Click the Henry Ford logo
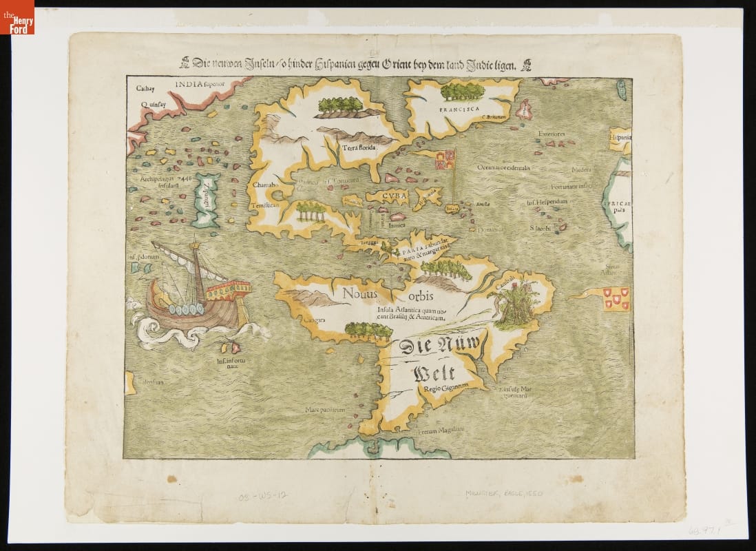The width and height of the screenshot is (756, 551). (17, 17)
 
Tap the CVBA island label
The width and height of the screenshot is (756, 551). (382, 196)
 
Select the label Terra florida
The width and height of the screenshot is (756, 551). (356, 147)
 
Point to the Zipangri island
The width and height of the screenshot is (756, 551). (206, 200)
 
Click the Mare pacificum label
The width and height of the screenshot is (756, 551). (324, 410)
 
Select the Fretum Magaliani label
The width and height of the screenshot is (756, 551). (441, 432)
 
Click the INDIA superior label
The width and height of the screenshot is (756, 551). (197, 85)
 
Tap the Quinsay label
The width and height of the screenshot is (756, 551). (154, 105)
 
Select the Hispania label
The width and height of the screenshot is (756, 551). (620, 138)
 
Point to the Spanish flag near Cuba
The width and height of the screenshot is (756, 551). (444, 160)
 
